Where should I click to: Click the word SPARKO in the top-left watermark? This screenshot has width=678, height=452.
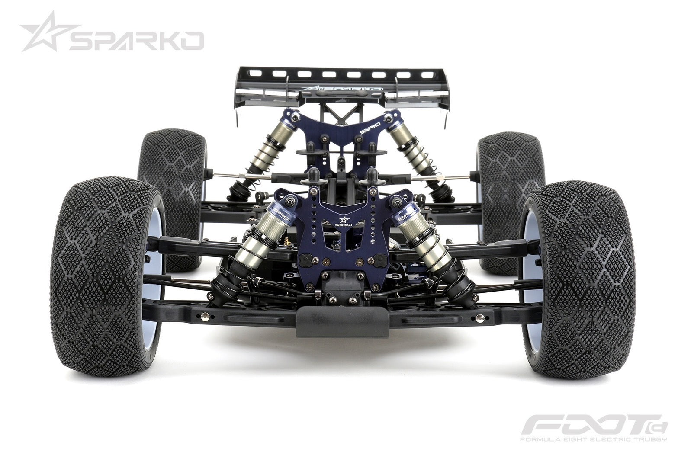tap(136, 41)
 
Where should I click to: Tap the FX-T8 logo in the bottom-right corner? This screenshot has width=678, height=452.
tap(593, 425)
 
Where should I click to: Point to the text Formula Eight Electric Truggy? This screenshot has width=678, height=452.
tap(593, 440)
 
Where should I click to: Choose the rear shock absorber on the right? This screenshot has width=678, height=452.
tap(418, 151)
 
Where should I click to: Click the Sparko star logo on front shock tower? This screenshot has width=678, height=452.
tap(344, 221)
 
